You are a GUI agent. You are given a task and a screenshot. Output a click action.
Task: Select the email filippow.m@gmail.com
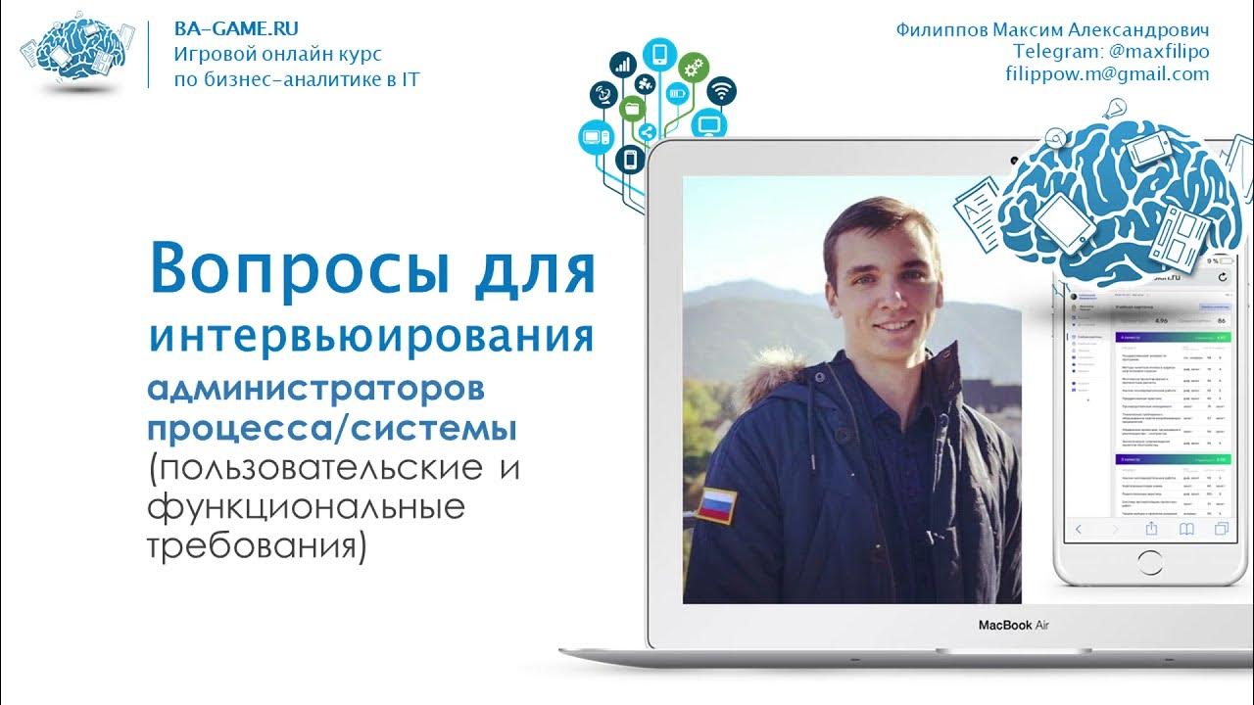tap(1107, 74)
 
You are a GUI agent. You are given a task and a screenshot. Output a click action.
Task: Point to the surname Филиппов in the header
tap(940, 29)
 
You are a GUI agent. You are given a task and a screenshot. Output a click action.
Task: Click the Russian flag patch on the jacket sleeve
tap(716, 505)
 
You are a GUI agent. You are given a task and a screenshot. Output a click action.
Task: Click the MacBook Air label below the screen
tap(1014, 625)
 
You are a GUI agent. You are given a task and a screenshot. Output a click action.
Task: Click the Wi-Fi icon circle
tap(721, 92)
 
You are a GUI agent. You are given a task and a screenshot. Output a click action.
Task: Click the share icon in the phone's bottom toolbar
tap(1151, 530)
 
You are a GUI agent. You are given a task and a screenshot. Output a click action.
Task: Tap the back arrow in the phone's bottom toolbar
tap(1079, 530)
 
